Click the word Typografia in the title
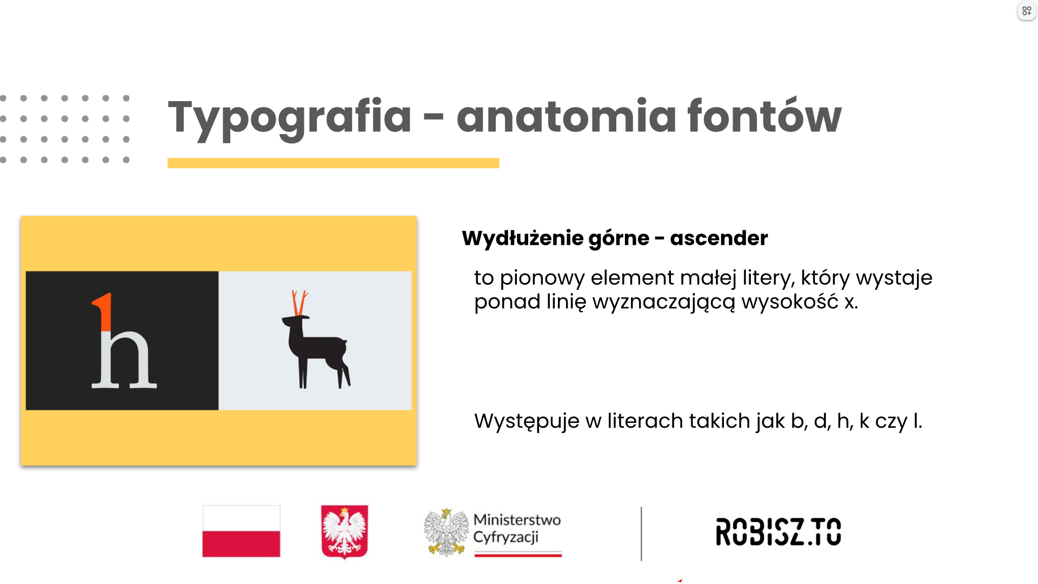click(x=290, y=118)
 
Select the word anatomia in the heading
click(x=566, y=115)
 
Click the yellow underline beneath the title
click(x=333, y=163)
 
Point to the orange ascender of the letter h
click(x=104, y=311)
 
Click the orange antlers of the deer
click(x=300, y=303)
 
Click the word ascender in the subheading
click(x=718, y=238)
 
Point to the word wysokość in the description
click(x=790, y=301)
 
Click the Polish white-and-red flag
click(x=241, y=531)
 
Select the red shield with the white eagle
click(x=344, y=532)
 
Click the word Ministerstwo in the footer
click(x=517, y=520)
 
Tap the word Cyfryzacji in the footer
click(x=506, y=537)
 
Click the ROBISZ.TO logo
click(x=778, y=531)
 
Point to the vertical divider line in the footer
click(x=641, y=533)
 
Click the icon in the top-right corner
click(x=1027, y=11)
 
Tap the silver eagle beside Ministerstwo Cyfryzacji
click(x=446, y=532)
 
